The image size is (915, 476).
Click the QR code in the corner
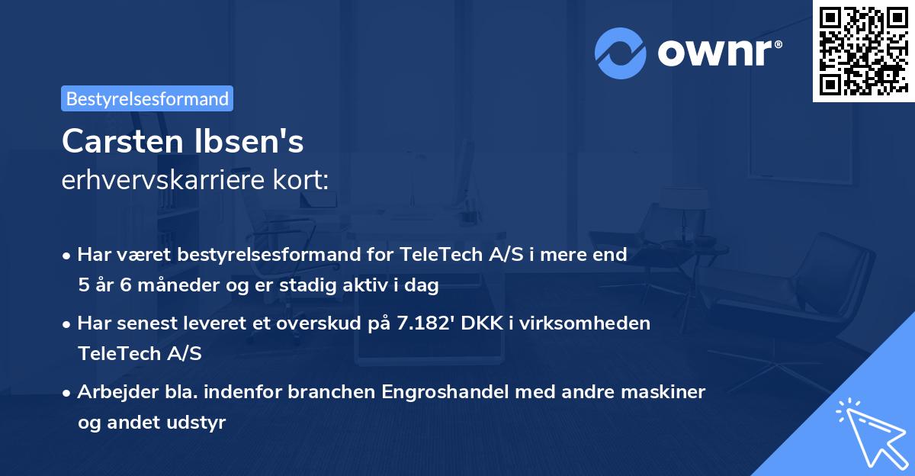[x=862, y=50]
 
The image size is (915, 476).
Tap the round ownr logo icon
[x=621, y=53]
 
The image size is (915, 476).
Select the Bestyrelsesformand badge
[x=147, y=98]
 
